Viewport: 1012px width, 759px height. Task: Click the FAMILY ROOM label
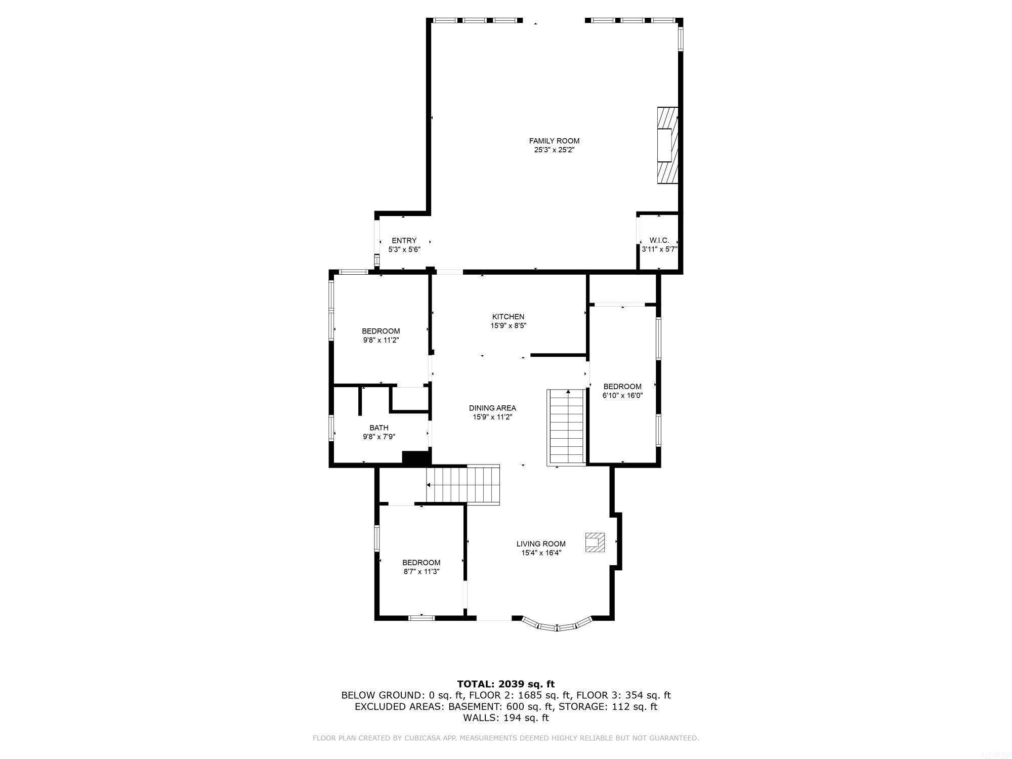click(x=554, y=141)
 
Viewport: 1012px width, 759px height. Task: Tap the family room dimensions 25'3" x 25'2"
click(x=554, y=150)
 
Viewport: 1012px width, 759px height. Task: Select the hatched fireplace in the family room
click(x=667, y=145)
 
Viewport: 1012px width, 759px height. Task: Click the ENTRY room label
click(x=404, y=241)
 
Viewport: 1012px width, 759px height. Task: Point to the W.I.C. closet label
click(x=659, y=241)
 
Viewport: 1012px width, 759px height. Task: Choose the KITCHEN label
click(x=508, y=317)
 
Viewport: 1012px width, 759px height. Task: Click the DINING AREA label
click(x=492, y=408)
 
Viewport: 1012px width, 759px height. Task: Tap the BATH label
click(x=378, y=428)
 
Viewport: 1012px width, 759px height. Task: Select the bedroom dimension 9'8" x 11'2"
click(x=381, y=341)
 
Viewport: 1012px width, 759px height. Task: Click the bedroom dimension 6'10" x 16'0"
click(x=622, y=396)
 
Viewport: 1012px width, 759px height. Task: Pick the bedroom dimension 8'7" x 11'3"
click(x=421, y=572)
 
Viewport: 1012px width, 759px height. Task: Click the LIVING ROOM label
click(x=541, y=544)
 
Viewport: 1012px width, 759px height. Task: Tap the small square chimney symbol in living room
click(x=595, y=542)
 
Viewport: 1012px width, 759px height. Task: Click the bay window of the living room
click(x=557, y=626)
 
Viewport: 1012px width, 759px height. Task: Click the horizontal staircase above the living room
click(x=463, y=484)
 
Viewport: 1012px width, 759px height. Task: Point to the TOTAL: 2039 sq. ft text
click(x=505, y=684)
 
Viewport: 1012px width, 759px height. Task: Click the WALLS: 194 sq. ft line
click(x=505, y=718)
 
